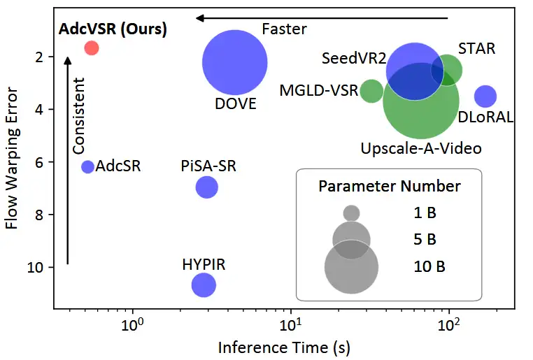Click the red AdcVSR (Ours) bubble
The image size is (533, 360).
[91, 48]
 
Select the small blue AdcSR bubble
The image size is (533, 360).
[87, 166]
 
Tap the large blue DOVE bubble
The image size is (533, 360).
[234, 62]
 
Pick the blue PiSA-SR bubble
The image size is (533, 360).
[206, 187]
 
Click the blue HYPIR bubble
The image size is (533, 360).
[204, 285]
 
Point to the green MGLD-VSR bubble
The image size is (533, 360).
[371, 91]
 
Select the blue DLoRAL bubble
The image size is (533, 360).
[485, 96]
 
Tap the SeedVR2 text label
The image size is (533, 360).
[354, 59]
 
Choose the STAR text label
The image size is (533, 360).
[476, 49]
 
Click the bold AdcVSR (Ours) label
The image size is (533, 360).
[113, 29]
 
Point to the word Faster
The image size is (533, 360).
[284, 29]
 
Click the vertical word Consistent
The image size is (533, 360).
[79, 115]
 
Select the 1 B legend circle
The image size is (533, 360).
[352, 213]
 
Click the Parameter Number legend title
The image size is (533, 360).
[389, 187]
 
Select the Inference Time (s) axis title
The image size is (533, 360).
[284, 347]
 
